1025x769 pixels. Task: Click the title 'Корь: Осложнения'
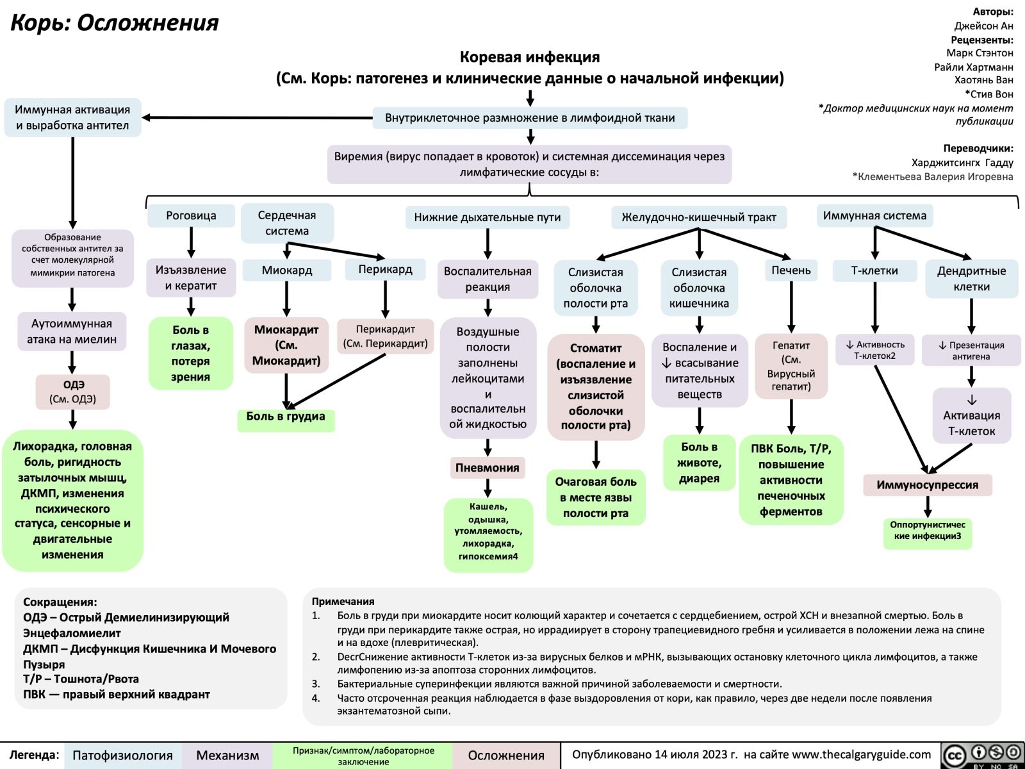(115, 23)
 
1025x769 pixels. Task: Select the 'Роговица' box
(191, 216)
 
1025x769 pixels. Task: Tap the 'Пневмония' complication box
(488, 468)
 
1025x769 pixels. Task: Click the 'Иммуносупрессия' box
(927, 485)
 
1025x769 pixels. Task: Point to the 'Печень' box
(791, 270)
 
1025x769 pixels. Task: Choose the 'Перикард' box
(385, 270)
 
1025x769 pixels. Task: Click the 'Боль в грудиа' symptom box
(286, 417)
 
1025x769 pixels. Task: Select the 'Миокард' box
(287, 270)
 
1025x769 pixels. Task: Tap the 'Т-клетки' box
(874, 271)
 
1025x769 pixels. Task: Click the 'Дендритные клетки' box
(971, 279)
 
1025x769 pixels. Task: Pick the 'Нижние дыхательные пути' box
(487, 217)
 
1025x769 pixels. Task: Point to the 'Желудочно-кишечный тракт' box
(698, 217)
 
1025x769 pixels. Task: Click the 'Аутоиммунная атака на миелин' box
(72, 331)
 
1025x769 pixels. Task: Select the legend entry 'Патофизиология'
(122, 756)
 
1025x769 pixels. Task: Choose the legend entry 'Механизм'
(227, 756)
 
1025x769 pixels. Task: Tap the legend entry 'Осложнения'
(506, 756)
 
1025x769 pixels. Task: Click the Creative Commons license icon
(981, 756)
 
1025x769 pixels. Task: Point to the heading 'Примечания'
(343, 601)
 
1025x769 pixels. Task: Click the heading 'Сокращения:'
(60, 602)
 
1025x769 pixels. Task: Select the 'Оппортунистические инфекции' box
(927, 530)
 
